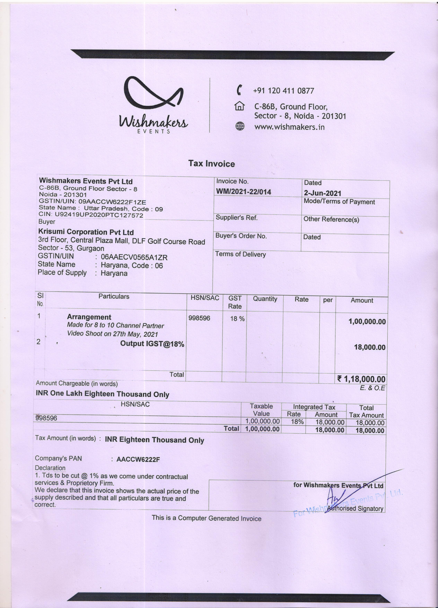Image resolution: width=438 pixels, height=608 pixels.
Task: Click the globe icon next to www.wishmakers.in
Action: tap(240, 126)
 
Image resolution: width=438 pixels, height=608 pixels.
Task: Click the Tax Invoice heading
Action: tap(211, 163)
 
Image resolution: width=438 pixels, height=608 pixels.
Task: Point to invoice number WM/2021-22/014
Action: tap(243, 192)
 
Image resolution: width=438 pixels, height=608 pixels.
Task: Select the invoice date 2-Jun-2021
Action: tap(322, 193)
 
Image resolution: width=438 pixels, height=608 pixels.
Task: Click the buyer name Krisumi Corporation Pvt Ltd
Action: tap(86, 232)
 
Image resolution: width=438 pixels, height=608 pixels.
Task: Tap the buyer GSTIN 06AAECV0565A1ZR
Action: tap(134, 257)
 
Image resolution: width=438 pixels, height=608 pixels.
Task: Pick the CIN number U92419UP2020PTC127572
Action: tap(99, 215)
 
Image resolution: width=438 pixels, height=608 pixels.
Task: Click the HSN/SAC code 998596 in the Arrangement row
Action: tap(199, 318)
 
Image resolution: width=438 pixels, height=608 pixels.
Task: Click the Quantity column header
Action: tap(265, 299)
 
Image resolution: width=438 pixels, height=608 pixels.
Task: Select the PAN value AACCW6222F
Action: tap(138, 459)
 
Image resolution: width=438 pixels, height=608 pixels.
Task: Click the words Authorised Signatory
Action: tap(355, 508)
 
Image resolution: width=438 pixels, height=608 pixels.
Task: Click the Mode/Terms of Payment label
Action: tap(339, 202)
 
